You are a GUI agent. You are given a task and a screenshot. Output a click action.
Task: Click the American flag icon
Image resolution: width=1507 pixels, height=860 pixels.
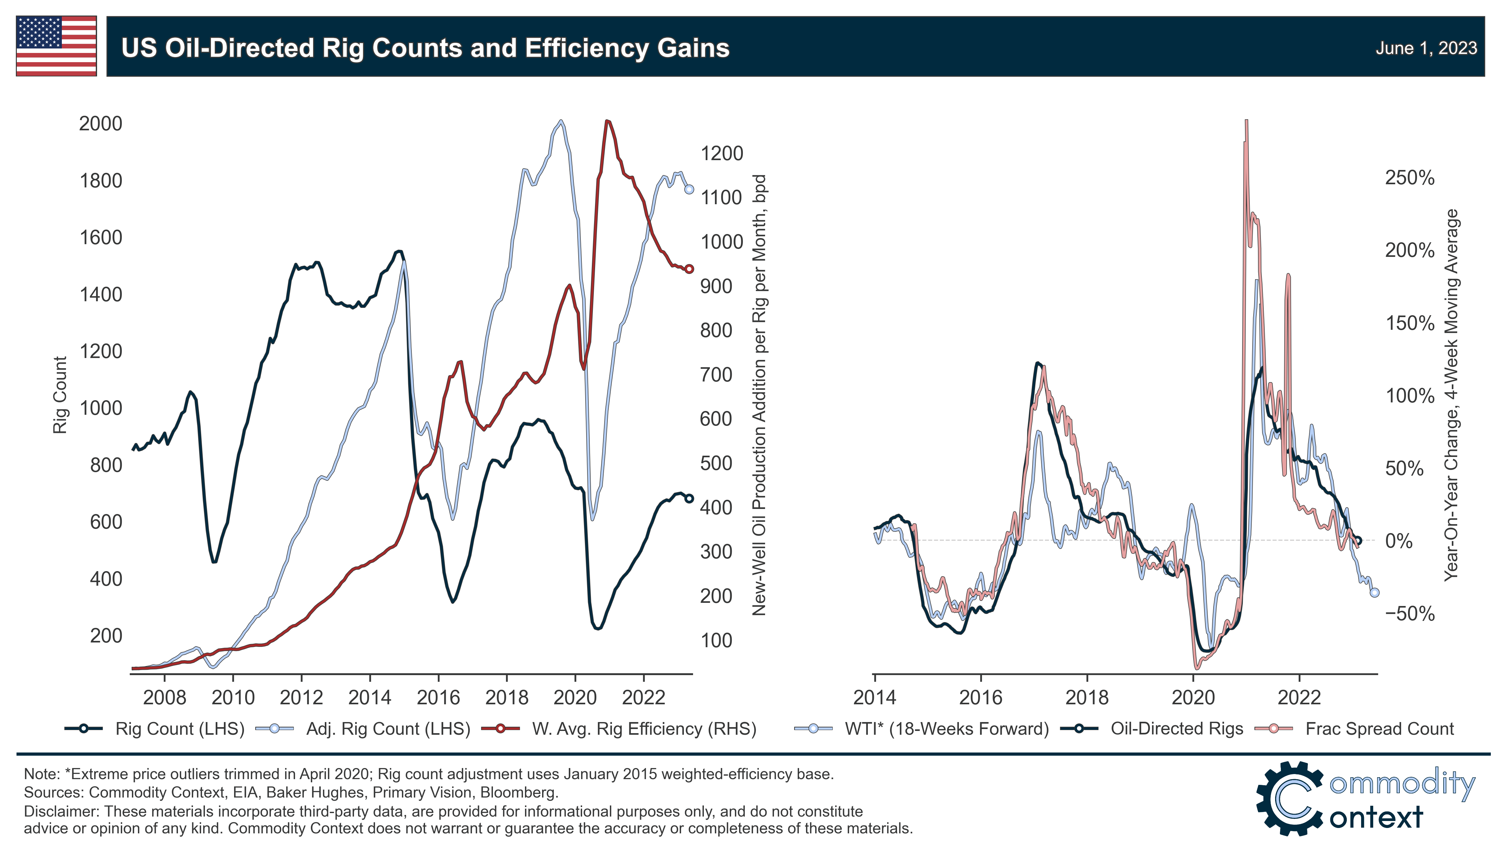point(56,46)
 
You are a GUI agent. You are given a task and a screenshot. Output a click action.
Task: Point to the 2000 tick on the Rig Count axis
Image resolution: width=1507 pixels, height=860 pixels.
point(101,123)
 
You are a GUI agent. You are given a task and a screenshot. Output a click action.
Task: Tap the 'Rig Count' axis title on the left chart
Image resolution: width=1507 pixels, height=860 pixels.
point(60,394)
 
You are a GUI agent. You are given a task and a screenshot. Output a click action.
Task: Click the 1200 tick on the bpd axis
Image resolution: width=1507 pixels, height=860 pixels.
point(721,153)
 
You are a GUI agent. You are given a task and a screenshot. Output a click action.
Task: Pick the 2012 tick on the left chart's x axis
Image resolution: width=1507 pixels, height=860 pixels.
point(301,698)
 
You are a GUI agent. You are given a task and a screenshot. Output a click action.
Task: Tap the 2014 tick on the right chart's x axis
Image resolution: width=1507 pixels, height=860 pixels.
point(874,698)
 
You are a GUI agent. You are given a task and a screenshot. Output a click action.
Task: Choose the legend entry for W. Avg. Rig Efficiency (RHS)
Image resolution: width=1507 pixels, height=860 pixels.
point(643,729)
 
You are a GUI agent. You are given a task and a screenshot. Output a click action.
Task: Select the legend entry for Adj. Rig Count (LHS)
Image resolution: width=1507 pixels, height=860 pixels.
point(388,729)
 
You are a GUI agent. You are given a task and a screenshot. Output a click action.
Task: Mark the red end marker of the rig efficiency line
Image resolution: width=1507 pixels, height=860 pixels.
point(689,269)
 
